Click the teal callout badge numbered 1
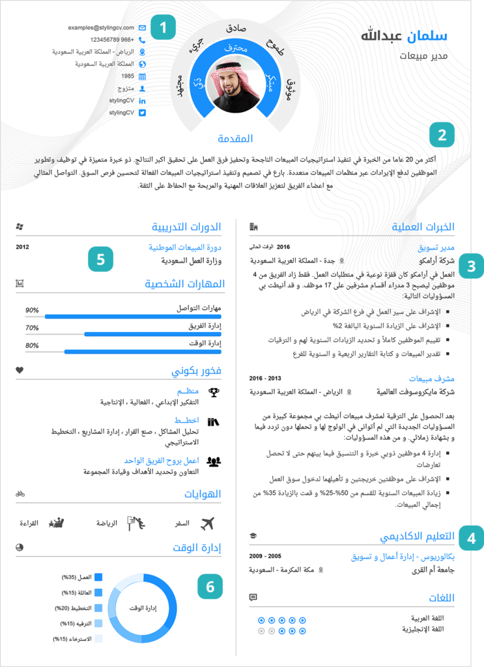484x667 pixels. (163, 28)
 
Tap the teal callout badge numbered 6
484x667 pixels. (210, 587)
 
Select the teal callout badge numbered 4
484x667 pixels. (471, 538)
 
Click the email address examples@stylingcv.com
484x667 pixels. (100, 28)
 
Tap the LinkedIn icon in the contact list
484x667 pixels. (143, 100)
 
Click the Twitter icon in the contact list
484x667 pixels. (143, 113)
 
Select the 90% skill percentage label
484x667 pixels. (32, 310)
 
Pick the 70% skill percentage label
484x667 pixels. (32, 328)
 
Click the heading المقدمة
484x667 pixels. (235, 138)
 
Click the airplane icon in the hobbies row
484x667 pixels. (208, 523)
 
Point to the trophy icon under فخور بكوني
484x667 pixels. (214, 392)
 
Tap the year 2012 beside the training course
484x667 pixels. (23, 247)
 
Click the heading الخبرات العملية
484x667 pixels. (423, 227)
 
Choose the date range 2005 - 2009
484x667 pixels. (265, 557)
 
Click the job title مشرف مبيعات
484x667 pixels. (431, 378)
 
